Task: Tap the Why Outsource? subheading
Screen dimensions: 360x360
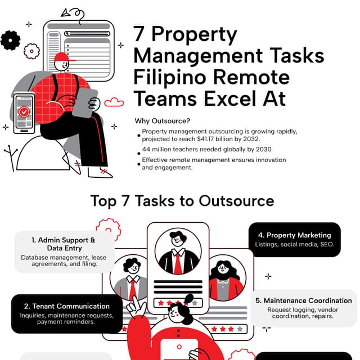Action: click(x=162, y=121)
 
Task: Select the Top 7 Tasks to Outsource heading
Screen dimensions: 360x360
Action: click(x=182, y=201)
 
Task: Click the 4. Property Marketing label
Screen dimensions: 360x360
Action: click(x=294, y=235)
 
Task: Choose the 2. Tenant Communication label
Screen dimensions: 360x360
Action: click(x=66, y=307)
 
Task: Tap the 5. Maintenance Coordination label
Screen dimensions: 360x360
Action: click(x=304, y=300)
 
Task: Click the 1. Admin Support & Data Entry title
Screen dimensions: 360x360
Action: click(x=64, y=244)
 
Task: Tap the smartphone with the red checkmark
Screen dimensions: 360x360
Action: click(x=24, y=112)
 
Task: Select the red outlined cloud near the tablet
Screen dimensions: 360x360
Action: click(x=114, y=102)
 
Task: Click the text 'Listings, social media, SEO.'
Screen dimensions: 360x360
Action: click(x=294, y=245)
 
